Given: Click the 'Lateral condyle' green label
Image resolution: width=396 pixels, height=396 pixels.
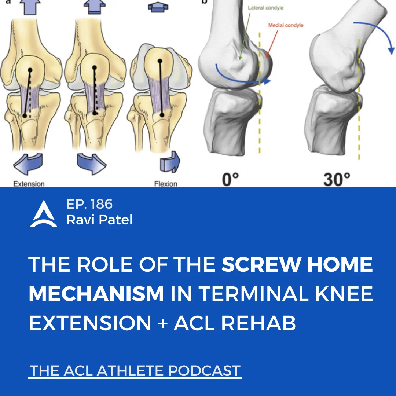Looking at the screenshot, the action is [265, 8].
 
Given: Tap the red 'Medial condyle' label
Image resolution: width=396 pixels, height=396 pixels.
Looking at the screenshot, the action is [286, 25].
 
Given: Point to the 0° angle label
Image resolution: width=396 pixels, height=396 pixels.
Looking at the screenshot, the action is [230, 180].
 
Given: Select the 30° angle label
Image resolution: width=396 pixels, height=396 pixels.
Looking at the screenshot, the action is [337, 180].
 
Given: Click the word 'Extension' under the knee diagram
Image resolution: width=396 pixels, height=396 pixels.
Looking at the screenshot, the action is [29, 184].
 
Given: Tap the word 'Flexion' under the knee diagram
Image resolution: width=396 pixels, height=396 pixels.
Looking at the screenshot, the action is [166, 184].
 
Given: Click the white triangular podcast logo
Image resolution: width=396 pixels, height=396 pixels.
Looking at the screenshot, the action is [44, 214].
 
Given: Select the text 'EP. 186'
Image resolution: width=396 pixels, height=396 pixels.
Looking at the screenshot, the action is [89, 204].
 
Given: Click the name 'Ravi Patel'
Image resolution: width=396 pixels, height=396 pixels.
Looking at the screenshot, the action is [99, 220].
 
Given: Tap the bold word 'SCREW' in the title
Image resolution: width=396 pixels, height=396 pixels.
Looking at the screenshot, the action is [261, 264].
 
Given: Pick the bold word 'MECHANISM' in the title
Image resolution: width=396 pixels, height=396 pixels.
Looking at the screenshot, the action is [96, 294].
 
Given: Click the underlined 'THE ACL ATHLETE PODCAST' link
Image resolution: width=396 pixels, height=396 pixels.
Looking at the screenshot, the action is [135, 371].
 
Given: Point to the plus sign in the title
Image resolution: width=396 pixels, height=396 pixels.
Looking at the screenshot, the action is [163, 323].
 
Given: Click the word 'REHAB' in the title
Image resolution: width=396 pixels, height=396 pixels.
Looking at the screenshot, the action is [258, 323].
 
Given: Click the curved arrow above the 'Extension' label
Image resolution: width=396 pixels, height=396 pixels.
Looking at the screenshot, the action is [28, 164].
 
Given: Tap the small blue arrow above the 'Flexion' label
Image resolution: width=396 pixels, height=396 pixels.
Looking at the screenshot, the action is [170, 162].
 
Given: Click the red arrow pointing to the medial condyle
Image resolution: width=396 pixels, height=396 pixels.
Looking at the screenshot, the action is [272, 43].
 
